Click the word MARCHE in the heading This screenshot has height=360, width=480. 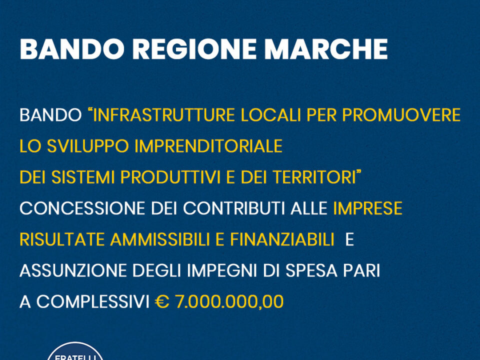[x=326, y=49]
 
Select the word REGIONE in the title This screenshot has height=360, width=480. [x=194, y=49]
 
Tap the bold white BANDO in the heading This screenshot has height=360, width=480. [x=72, y=49]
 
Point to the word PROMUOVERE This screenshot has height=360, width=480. [x=401, y=115]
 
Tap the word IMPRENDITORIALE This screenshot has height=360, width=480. [x=208, y=146]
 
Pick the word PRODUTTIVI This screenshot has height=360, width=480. [x=170, y=177]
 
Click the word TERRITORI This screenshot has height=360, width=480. [x=313, y=177]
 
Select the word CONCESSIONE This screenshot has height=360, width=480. [x=82, y=208]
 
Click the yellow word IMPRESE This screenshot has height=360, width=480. [x=367, y=208]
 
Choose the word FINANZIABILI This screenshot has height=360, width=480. [x=282, y=239]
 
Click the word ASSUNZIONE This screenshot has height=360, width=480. [x=73, y=270]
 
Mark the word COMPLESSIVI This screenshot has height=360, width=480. [x=93, y=302]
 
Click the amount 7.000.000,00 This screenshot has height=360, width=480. [x=229, y=302]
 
